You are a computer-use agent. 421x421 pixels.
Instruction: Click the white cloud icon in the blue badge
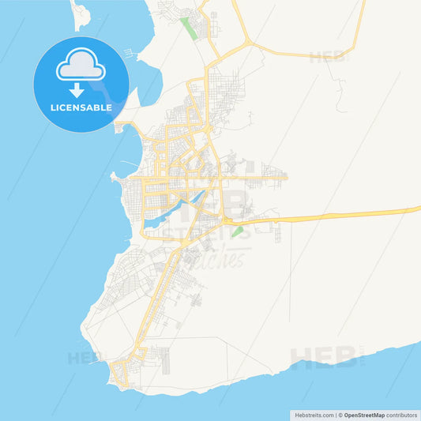81,67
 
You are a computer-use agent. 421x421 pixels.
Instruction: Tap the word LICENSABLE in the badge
81,105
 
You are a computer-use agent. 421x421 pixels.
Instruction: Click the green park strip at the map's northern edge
190,28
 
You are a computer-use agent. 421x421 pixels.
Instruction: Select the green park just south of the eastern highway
237,231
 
